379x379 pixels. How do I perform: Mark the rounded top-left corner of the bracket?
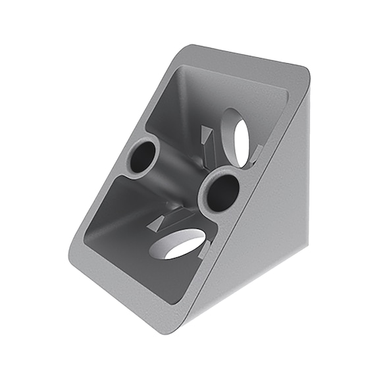point(191,49)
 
